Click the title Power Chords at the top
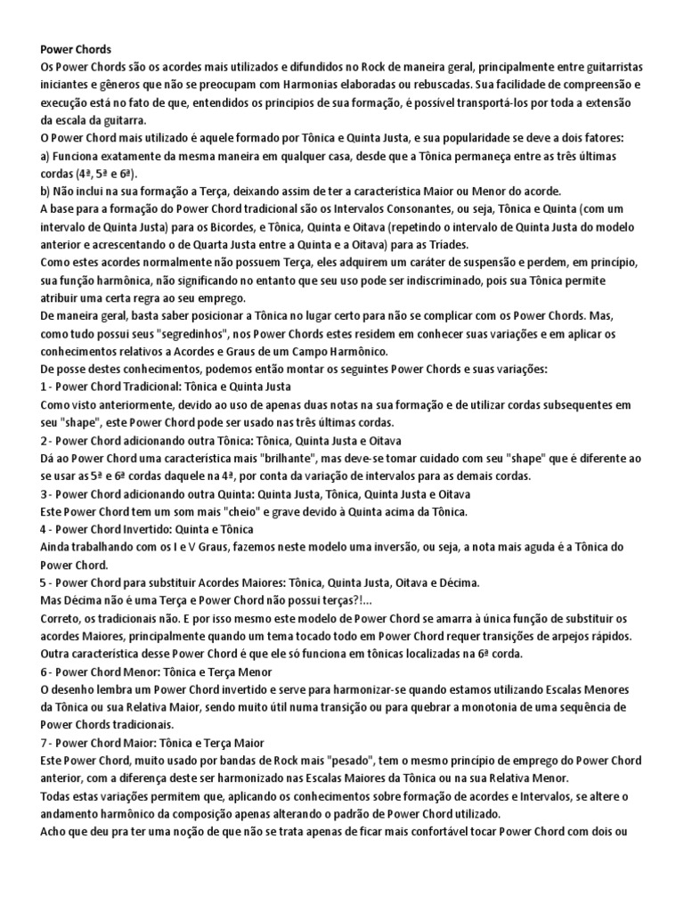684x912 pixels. pos(76,50)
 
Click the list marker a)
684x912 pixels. pos(47,155)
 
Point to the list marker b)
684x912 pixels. pos(48,190)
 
